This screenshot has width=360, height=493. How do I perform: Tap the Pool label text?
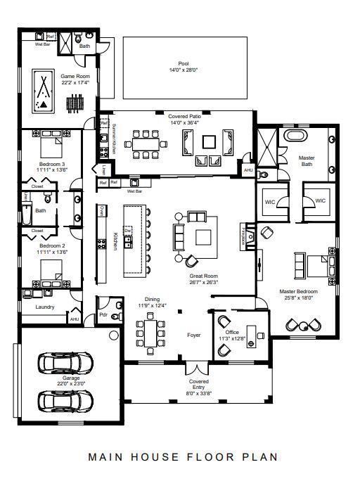tap(184, 63)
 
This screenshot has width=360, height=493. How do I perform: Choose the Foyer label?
tap(193, 335)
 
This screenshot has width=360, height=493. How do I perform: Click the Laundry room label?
tap(45, 307)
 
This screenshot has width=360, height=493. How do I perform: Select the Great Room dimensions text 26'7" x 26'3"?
tap(204, 283)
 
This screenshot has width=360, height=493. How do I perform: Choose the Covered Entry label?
tap(199, 385)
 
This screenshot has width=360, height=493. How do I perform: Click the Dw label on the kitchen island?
tap(128, 230)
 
